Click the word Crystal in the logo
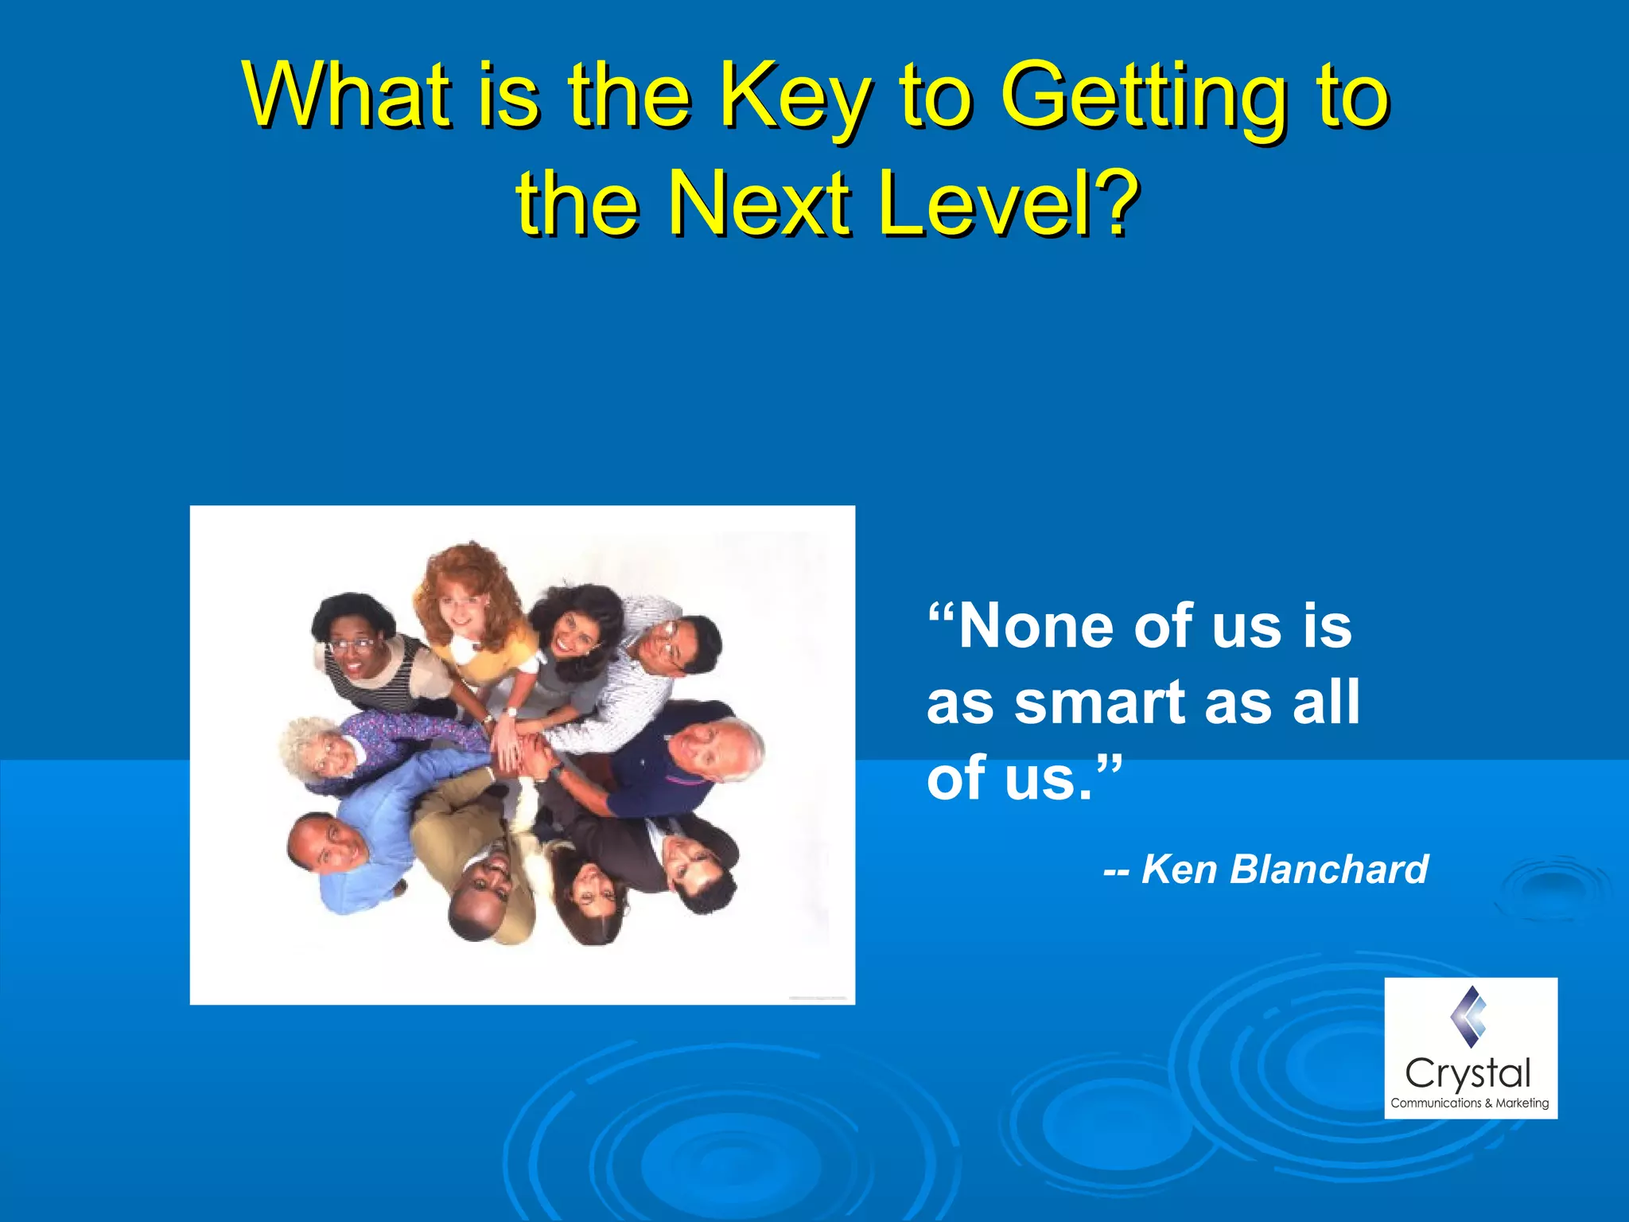[1468, 1074]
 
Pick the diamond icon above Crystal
[1468, 1016]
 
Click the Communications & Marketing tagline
[1469, 1103]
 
